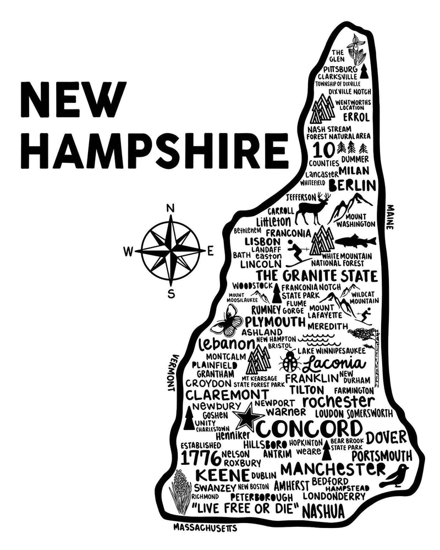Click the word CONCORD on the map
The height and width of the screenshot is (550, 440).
(x=310, y=428)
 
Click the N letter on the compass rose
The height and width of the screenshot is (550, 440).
(x=170, y=208)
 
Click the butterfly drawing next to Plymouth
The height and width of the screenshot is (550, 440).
(x=226, y=320)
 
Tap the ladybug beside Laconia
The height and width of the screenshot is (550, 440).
(x=289, y=362)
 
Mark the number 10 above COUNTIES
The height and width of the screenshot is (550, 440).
(x=323, y=149)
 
